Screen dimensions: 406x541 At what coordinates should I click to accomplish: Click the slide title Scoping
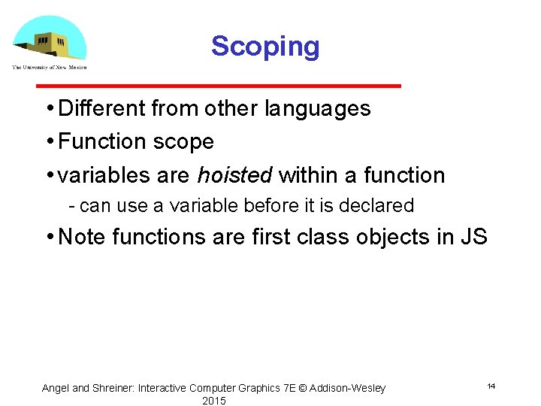[x=265, y=47]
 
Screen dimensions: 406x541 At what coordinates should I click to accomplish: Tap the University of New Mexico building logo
[x=50, y=38]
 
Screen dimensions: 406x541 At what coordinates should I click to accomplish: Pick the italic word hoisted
[x=235, y=175]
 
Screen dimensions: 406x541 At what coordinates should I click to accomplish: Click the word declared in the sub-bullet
[x=380, y=205]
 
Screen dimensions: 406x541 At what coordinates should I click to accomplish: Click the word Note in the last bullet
[x=82, y=237]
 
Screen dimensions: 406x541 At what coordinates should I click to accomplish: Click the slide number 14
[x=491, y=386]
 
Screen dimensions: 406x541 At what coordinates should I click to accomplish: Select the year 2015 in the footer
[x=214, y=401]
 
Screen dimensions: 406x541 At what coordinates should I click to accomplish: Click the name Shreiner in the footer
[x=113, y=388]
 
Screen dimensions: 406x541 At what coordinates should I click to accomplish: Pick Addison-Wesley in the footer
[x=347, y=388]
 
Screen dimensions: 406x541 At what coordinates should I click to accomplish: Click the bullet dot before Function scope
[x=48, y=142]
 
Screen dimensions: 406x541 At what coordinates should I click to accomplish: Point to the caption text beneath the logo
[x=49, y=68]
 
